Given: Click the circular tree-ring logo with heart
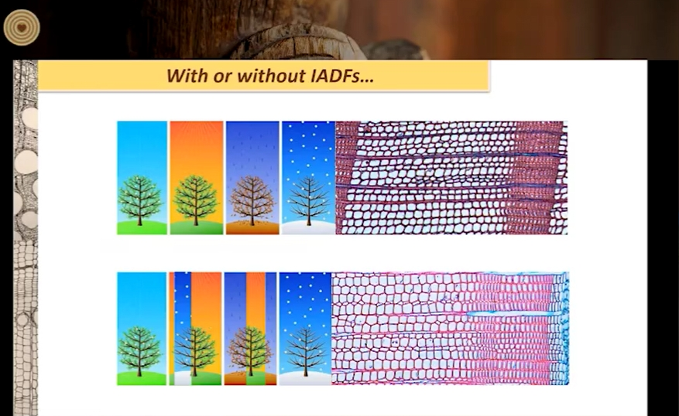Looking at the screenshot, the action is (x=22, y=27).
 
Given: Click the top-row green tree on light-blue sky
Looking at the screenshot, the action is (x=139, y=200).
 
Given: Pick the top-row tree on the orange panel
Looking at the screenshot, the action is (x=195, y=200).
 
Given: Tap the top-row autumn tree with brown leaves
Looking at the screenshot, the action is (x=252, y=200).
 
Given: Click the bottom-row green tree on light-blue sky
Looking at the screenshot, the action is (x=139, y=351).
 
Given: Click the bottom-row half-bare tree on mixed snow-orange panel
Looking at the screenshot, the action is (x=194, y=351).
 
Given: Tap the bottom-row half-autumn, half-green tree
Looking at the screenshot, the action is (x=249, y=351).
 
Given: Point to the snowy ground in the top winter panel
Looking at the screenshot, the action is (x=308, y=227).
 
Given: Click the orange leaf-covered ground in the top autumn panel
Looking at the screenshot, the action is (x=252, y=227).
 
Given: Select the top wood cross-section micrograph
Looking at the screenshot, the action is (x=451, y=178).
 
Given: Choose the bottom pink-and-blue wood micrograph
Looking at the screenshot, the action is (x=451, y=328).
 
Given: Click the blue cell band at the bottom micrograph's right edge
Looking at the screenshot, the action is (x=561, y=328).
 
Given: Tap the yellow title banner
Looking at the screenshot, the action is (x=264, y=76).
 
